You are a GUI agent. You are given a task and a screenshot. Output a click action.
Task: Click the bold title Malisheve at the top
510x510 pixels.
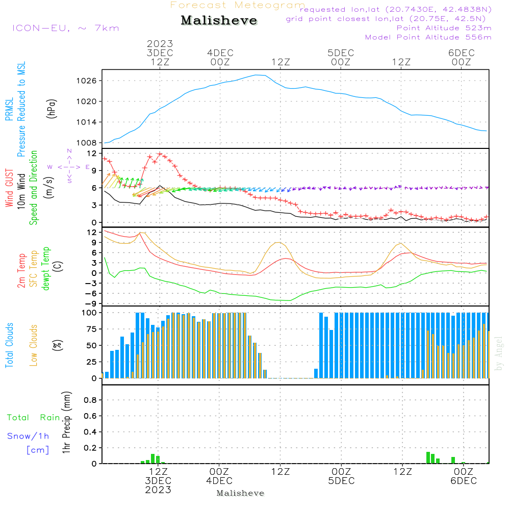pyautogui.click(x=219, y=21)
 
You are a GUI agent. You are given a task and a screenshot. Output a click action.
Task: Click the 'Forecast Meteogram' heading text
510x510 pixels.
pyautogui.click(x=238, y=5)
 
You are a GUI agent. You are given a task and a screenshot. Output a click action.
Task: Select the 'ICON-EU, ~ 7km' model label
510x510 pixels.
pyautogui.click(x=65, y=28)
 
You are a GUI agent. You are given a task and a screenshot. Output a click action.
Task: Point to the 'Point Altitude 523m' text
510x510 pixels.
pyautogui.click(x=444, y=28)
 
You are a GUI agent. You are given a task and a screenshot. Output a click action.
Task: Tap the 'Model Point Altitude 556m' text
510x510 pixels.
pyautogui.click(x=428, y=37)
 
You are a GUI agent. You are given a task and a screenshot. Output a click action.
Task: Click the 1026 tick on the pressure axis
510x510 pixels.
pyautogui.click(x=88, y=81)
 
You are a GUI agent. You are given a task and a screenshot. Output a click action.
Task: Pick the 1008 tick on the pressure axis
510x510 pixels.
pyautogui.click(x=88, y=143)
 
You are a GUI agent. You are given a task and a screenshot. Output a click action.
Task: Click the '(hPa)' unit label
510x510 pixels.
pyautogui.click(x=51, y=108)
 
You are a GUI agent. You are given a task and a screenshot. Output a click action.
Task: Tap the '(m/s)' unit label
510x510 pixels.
pyautogui.click(x=51, y=187)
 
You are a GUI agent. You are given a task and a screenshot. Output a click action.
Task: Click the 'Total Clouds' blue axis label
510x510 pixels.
pyautogui.click(x=9, y=345)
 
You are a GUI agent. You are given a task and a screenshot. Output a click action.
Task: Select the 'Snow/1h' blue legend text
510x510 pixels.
pyautogui.click(x=29, y=437)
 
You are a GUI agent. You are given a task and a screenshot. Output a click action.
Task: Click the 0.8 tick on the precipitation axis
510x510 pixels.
pyautogui.click(x=90, y=400)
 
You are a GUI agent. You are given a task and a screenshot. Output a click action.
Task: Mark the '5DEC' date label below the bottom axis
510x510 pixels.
pyautogui.click(x=341, y=481)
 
